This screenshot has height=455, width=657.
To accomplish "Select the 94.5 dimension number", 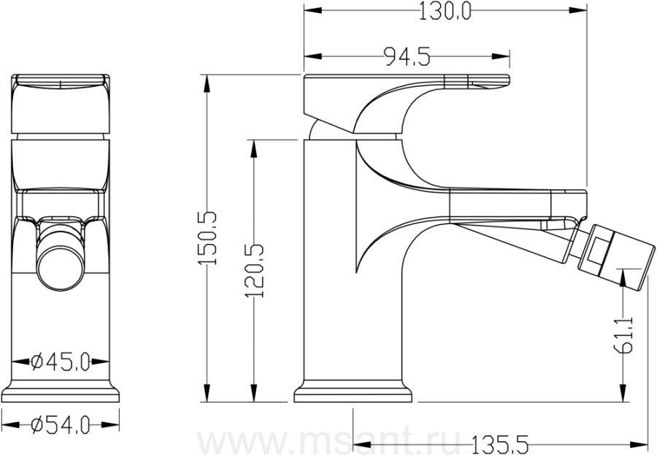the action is [x=407, y=57].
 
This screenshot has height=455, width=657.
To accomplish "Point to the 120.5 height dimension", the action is [x=254, y=271].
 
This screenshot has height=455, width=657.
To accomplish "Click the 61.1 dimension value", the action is [x=624, y=335].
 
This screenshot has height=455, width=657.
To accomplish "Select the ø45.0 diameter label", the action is [x=61, y=362].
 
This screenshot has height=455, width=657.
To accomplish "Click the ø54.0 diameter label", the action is [x=61, y=426].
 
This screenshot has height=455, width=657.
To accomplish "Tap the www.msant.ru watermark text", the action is [x=328, y=440].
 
